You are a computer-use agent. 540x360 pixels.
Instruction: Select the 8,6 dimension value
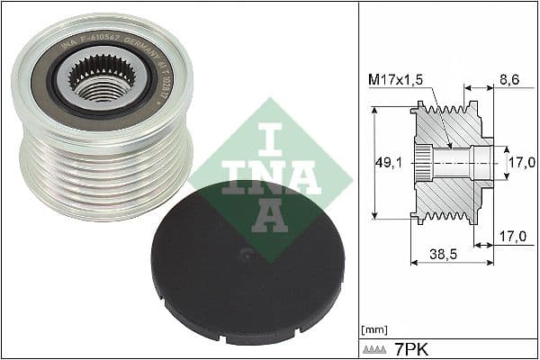pyautogui.click(x=508, y=80)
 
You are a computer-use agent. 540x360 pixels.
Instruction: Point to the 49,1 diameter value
pyautogui.click(x=388, y=164)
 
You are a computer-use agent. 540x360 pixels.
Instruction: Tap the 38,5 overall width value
pyautogui.click(x=450, y=255)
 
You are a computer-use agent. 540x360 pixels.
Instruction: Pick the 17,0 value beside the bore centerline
pyautogui.click(x=522, y=163)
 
